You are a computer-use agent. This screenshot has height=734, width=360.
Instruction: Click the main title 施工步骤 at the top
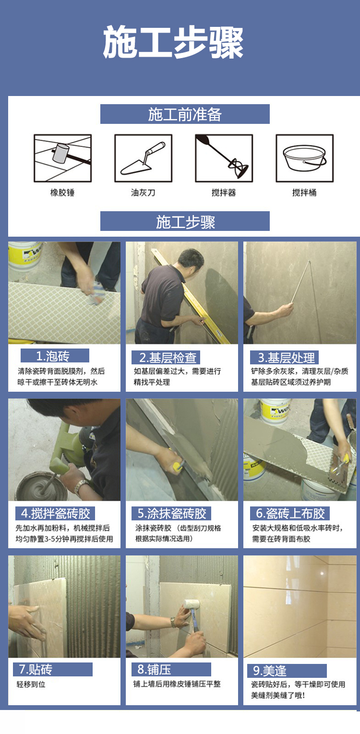click(x=173, y=43)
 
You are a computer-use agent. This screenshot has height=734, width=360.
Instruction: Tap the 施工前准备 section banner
click(x=185, y=114)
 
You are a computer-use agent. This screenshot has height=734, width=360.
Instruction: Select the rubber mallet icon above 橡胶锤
click(x=62, y=158)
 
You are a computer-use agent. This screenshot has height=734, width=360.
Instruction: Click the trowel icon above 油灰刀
click(x=143, y=158)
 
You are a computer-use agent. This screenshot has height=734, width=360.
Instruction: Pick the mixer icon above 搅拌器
click(x=224, y=158)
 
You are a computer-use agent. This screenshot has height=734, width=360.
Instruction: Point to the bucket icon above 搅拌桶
click(x=305, y=158)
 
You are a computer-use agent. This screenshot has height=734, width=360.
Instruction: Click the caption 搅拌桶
click(x=304, y=193)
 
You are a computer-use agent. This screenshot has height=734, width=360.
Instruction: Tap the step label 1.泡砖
click(x=53, y=356)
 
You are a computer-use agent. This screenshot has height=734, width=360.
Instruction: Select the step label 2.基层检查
click(x=168, y=358)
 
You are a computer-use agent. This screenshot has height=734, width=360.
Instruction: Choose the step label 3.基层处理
click(x=286, y=358)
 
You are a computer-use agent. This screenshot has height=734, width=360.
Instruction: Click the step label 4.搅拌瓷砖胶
click(x=55, y=513)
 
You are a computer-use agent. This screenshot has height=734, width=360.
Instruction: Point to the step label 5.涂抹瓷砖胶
click(x=172, y=513)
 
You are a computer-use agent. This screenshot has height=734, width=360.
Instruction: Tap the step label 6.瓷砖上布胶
click(x=290, y=513)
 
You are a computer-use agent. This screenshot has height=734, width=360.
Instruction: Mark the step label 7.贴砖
click(x=36, y=669)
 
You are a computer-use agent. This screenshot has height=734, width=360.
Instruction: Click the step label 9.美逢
click(x=270, y=671)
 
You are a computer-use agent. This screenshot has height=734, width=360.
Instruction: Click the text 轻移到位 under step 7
click(x=31, y=684)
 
